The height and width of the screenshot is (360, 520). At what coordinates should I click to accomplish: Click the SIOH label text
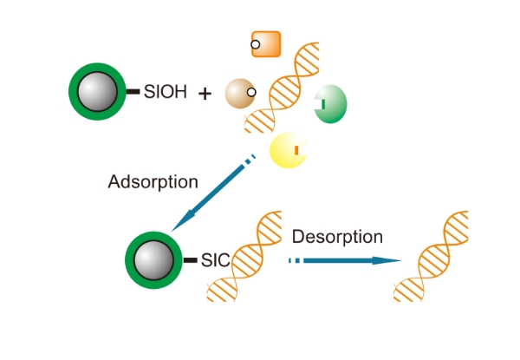pos(165,90)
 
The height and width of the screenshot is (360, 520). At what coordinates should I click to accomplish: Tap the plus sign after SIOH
pos(205,92)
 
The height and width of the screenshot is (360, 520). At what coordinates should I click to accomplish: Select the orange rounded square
pos(266,44)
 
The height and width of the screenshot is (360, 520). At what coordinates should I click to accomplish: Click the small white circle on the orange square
pos(256,43)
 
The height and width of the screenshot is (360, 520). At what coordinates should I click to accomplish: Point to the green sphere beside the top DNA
pos(329,105)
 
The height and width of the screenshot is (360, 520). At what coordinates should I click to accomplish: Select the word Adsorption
pos(153,182)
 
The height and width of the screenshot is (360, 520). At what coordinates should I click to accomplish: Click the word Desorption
pos(337,236)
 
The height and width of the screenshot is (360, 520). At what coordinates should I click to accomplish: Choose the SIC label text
pos(215,259)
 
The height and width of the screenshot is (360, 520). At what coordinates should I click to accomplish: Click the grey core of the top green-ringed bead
pos(97,90)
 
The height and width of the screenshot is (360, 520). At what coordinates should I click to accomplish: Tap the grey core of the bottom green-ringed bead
pos(155,259)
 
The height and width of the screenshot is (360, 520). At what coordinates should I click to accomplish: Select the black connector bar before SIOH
pos(133,91)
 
